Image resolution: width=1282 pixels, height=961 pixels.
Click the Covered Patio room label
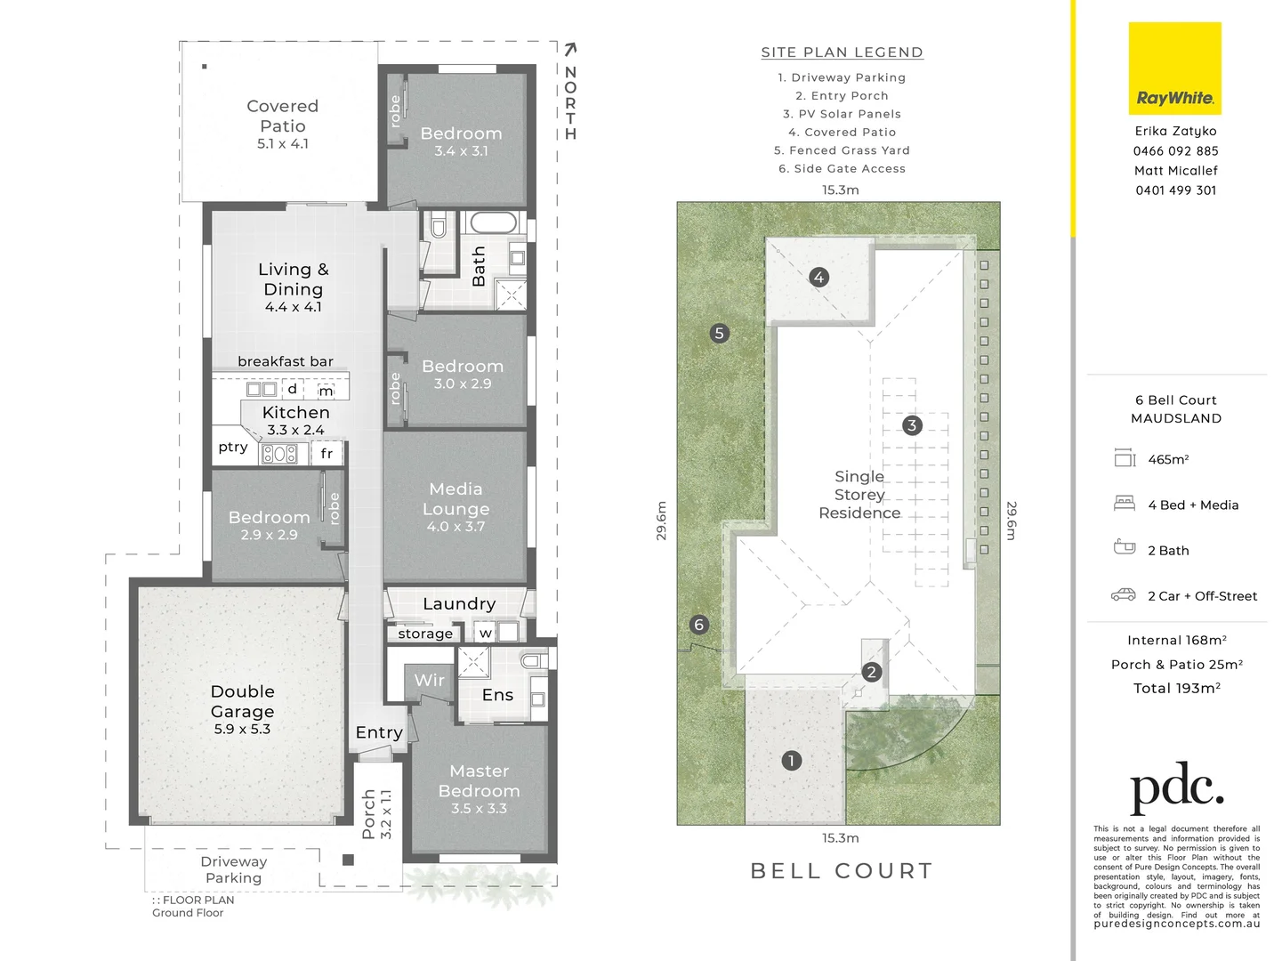(x=282, y=117)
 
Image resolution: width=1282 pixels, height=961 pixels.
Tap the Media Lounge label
(x=456, y=499)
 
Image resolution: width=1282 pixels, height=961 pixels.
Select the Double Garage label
(x=242, y=701)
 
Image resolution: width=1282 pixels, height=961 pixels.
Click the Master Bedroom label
(x=479, y=781)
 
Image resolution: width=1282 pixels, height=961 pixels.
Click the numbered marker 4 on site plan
(x=818, y=277)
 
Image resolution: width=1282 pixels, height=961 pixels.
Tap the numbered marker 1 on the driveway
(x=791, y=760)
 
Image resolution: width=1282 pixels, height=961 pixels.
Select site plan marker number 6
(x=698, y=625)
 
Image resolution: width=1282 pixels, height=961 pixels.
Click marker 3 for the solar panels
(x=911, y=425)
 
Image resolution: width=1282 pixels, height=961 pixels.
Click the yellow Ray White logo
(x=1174, y=69)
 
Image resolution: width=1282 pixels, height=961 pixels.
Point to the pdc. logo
(x=1176, y=787)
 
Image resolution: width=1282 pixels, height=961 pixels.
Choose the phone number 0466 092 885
(x=1175, y=151)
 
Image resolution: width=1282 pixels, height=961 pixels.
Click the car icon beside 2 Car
(x=1124, y=594)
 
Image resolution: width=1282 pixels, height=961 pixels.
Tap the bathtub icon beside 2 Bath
(x=1125, y=547)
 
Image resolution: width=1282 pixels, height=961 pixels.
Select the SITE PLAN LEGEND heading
(x=842, y=52)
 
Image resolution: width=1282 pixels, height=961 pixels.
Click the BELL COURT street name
(x=842, y=870)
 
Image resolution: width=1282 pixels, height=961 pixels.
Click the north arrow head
(x=570, y=50)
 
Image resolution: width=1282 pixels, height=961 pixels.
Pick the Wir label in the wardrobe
(x=429, y=680)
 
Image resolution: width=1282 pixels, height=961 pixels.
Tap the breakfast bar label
(x=285, y=361)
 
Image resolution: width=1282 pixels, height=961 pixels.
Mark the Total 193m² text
(x=1176, y=688)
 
